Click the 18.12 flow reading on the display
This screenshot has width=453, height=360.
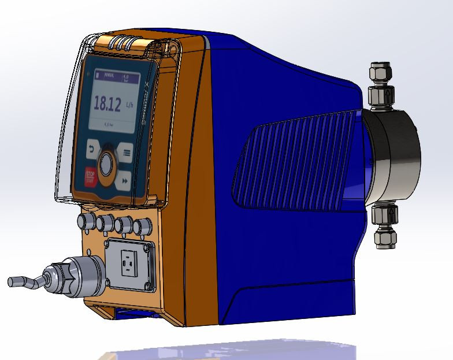(107, 103)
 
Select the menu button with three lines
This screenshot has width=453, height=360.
(127, 154)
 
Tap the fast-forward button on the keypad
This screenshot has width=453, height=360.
(125, 181)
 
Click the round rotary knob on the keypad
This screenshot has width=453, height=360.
(106, 165)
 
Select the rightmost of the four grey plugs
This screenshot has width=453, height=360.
(139, 225)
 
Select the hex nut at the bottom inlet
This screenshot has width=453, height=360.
(384, 237)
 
